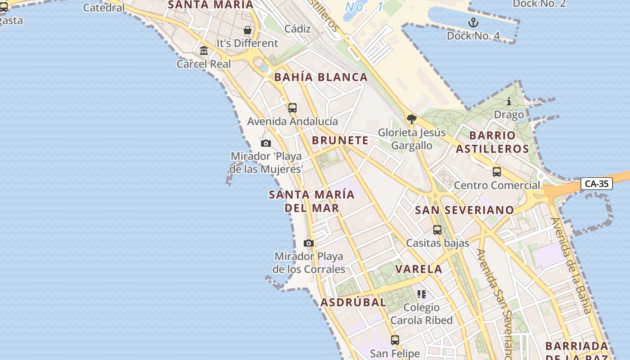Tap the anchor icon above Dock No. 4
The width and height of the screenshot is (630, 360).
pyautogui.click(x=473, y=22)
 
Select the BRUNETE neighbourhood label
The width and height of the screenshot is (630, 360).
pyautogui.click(x=340, y=140)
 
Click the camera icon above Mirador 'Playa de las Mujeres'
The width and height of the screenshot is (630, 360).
pyautogui.click(x=266, y=143)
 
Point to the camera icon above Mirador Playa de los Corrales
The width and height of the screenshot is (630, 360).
pyautogui.click(x=309, y=243)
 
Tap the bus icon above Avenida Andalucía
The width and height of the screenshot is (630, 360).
pyautogui.click(x=292, y=108)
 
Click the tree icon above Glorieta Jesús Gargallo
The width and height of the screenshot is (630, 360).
pyautogui.click(x=411, y=119)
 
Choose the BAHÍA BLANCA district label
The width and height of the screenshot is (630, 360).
pyautogui.click(x=321, y=77)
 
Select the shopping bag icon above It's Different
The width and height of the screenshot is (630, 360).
pyautogui.click(x=247, y=30)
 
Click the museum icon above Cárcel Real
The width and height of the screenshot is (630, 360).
pyautogui.click(x=204, y=50)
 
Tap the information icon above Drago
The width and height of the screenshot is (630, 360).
pyautogui.click(x=509, y=101)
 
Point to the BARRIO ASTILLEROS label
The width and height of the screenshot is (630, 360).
pyautogui.click(x=492, y=142)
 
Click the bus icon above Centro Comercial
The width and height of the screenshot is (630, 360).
pyautogui.click(x=497, y=171)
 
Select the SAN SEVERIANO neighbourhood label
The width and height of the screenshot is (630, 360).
pyautogui.click(x=464, y=210)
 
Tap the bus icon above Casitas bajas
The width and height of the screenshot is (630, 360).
pyautogui.click(x=437, y=229)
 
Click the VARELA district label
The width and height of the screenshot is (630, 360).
pyautogui.click(x=418, y=269)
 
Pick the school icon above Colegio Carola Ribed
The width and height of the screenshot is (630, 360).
pyautogui.click(x=422, y=294)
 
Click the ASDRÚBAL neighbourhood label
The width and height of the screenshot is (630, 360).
pyautogui.click(x=353, y=302)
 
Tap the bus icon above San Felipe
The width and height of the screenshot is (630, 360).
pyautogui.click(x=395, y=340)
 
